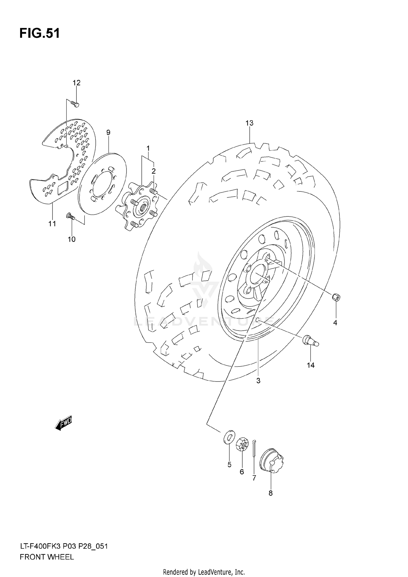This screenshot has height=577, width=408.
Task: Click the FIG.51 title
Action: [x=39, y=33]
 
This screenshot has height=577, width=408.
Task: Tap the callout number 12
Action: [x=76, y=83]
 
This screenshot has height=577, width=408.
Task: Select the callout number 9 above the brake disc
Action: [x=108, y=133]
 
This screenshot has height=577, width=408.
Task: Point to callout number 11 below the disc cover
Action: [x=52, y=224]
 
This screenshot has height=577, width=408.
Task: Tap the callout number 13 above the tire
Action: [x=249, y=123]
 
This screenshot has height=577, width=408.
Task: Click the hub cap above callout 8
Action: [x=271, y=460]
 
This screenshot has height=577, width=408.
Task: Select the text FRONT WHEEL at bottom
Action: [x=47, y=557]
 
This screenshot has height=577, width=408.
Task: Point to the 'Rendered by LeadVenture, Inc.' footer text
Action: [x=204, y=572]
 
